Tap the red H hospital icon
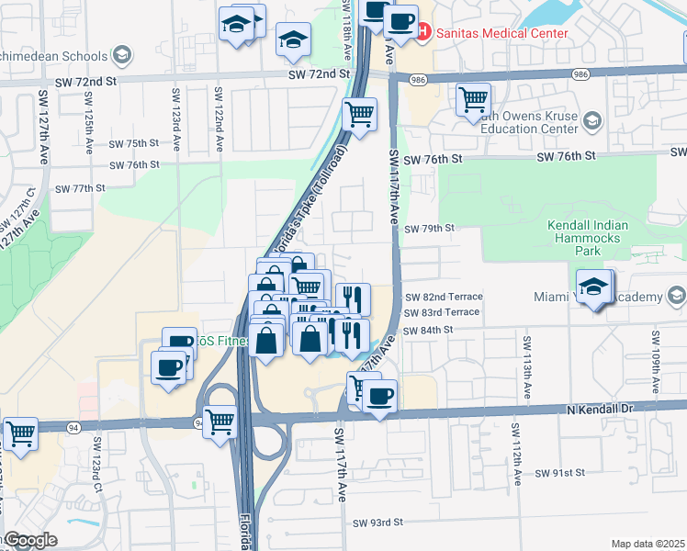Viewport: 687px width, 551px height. tap(424, 32)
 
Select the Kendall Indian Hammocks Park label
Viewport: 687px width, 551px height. tap(587, 238)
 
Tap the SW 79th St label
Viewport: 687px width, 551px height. tap(429, 229)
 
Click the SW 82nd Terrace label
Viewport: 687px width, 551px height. tap(443, 297)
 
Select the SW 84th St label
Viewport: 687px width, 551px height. tap(429, 329)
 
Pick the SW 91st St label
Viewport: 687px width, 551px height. tap(560, 474)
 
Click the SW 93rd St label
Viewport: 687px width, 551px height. tap(377, 523)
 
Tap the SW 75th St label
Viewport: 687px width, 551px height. tap(134, 143)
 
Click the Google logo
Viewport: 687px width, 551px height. tap(29, 540)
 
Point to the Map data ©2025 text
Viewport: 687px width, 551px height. tap(648, 544)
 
